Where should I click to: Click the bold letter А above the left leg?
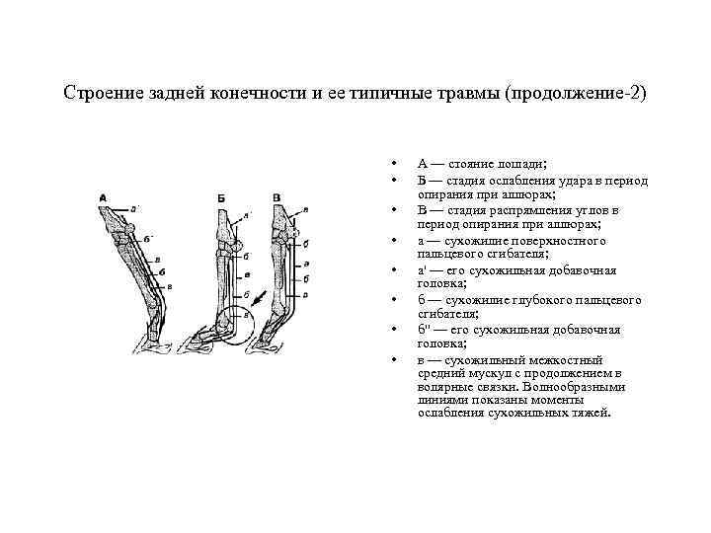coord(103,197)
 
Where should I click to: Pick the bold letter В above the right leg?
coord(276,197)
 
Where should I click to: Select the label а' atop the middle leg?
coord(245,213)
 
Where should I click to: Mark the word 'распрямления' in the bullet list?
coord(533,211)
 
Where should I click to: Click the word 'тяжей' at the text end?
coord(593,415)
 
